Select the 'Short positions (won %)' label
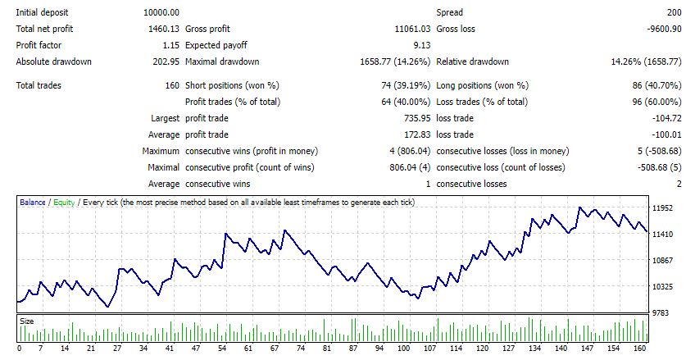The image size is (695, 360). tap(233, 85)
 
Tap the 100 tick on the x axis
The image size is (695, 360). tap(403, 349)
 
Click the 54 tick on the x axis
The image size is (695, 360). tap(221, 349)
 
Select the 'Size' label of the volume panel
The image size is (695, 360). tap(27, 321)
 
